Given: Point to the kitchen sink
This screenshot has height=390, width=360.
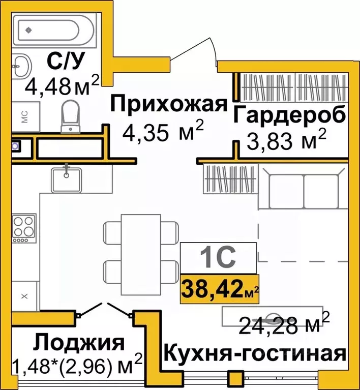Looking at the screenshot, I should click(x=67, y=177).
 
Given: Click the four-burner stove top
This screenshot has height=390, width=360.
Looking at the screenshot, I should click(x=24, y=227).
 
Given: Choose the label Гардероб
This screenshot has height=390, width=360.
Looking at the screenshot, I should click(x=290, y=114).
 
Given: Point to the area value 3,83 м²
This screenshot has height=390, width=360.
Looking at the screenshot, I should click(x=285, y=139).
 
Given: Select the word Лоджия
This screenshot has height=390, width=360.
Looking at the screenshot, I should click(x=78, y=343).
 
